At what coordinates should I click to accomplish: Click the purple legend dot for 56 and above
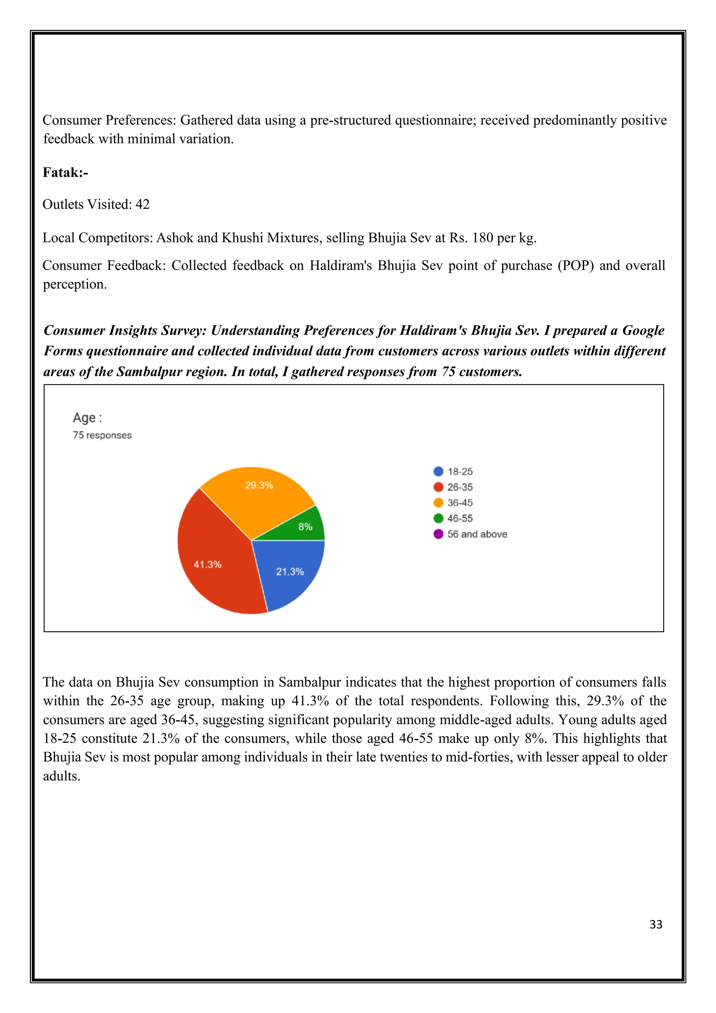(438, 534)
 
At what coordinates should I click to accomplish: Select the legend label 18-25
(460, 472)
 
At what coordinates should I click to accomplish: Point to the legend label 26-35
(460, 487)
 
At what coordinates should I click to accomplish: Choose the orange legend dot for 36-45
(438, 503)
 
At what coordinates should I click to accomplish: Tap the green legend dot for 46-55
(438, 518)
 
